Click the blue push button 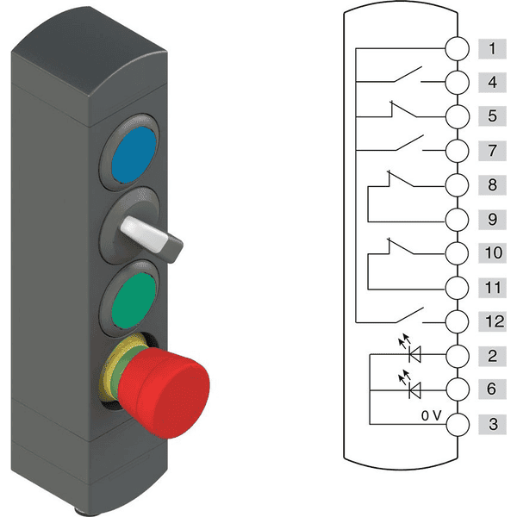[134, 154]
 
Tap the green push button [134, 300]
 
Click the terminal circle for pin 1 [457, 48]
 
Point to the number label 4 [492, 82]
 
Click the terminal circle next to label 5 [457, 116]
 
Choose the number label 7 [492, 151]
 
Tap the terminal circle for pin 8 [457, 185]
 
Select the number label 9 [492, 219]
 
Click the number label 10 [493, 252]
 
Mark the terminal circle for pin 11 [457, 288]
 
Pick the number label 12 [493, 321]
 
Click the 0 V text [431, 416]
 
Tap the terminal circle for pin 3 [458, 424]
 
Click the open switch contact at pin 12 [408, 315]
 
